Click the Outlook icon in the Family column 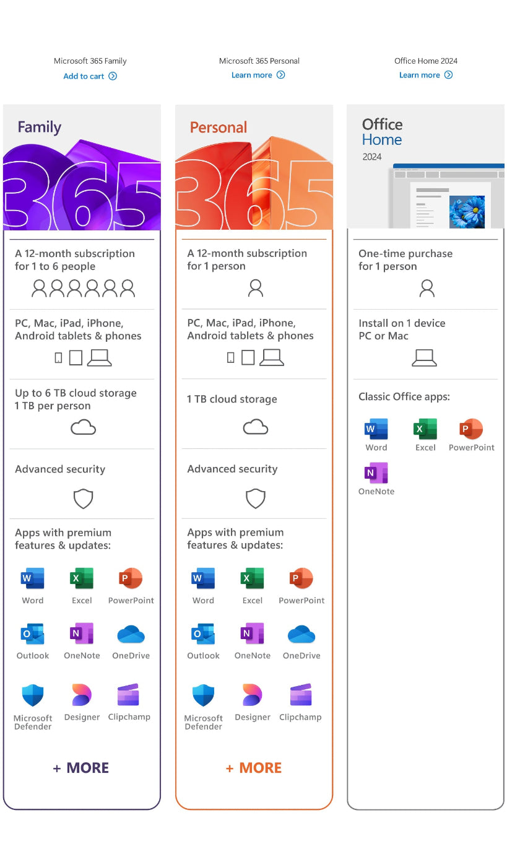(x=32, y=635)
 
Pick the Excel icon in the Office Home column (x=425, y=429)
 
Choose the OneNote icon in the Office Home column (x=376, y=473)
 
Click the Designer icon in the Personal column (x=252, y=695)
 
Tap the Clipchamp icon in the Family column (x=128, y=695)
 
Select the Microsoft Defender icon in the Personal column (x=203, y=695)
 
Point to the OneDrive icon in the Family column (x=131, y=635)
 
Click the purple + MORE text (x=81, y=768)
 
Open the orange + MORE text (x=254, y=768)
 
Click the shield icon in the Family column (x=83, y=498)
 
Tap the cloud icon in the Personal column (x=255, y=427)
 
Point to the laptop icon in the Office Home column (x=425, y=357)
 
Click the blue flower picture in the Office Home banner (x=466, y=211)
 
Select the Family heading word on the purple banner (x=40, y=128)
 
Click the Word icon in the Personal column (x=203, y=579)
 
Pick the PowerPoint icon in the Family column (x=131, y=579)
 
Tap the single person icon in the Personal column (x=255, y=287)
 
